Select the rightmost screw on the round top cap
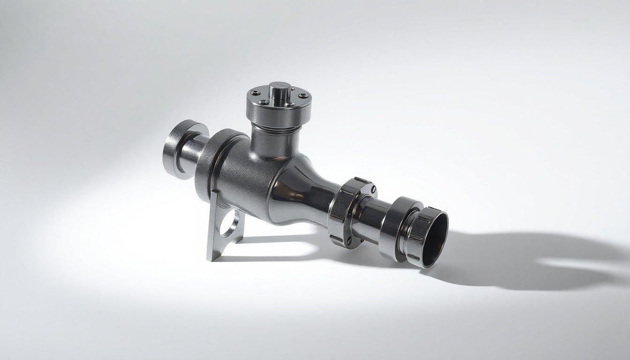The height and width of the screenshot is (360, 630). click(306, 97)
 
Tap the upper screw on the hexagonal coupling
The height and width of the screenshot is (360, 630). click(374, 190)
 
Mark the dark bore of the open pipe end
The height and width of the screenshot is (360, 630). click(435, 239)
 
